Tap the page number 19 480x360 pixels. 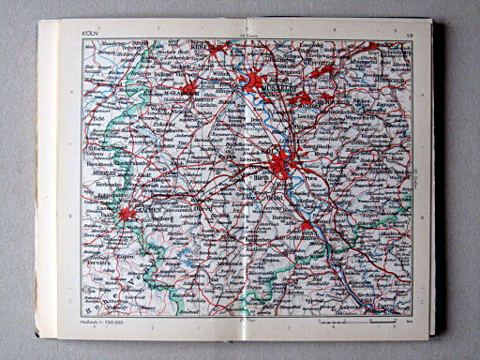pos(411,35)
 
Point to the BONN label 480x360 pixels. pos(307,232)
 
